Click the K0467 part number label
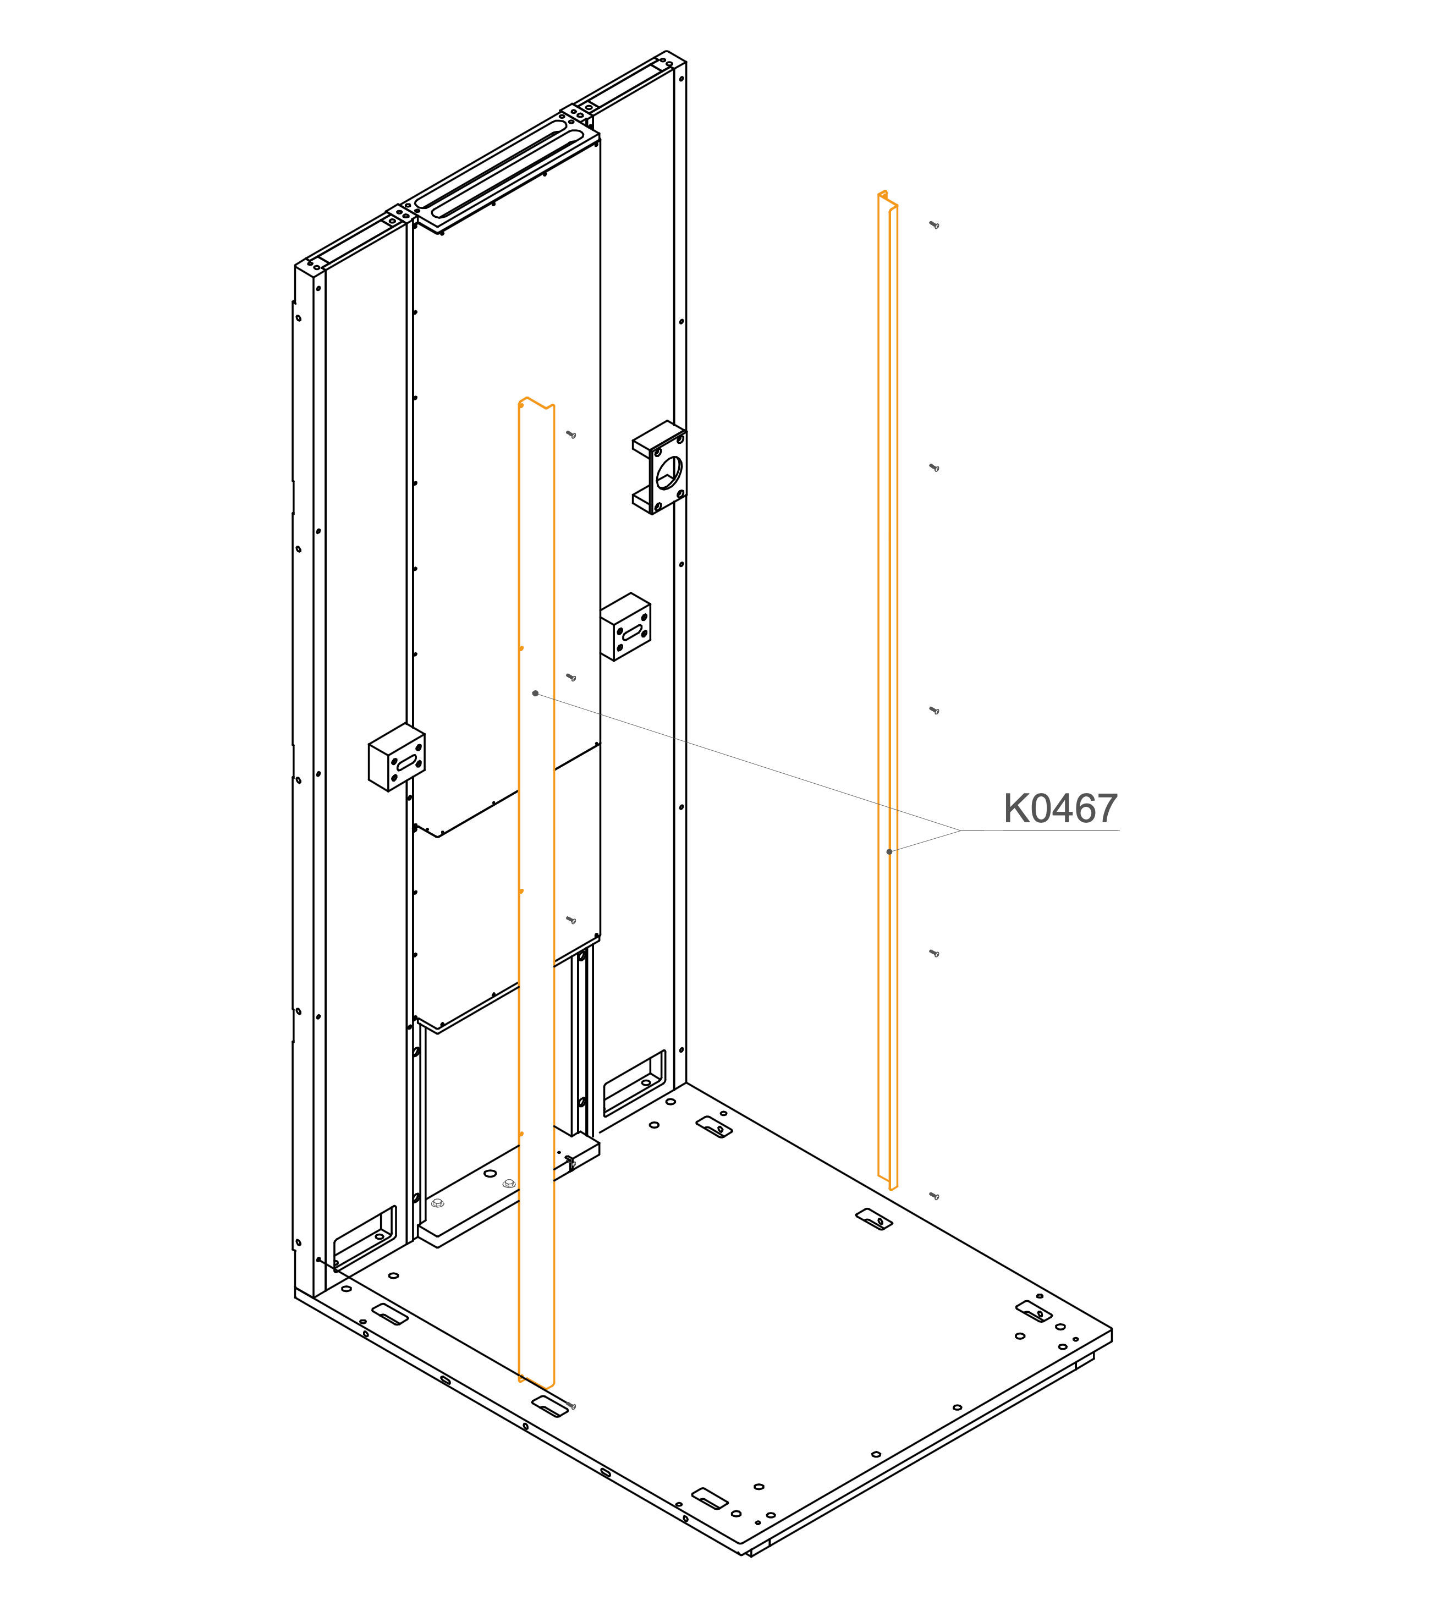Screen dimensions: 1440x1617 point(1060,809)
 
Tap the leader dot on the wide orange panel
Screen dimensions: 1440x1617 point(536,694)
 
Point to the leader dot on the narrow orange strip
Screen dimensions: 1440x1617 point(889,852)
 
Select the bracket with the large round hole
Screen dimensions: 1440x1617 point(660,467)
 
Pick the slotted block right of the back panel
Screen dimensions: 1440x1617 point(626,626)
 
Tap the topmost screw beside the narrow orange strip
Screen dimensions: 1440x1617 point(935,226)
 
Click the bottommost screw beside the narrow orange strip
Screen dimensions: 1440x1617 point(935,1196)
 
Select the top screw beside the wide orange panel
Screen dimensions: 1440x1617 point(570,435)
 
